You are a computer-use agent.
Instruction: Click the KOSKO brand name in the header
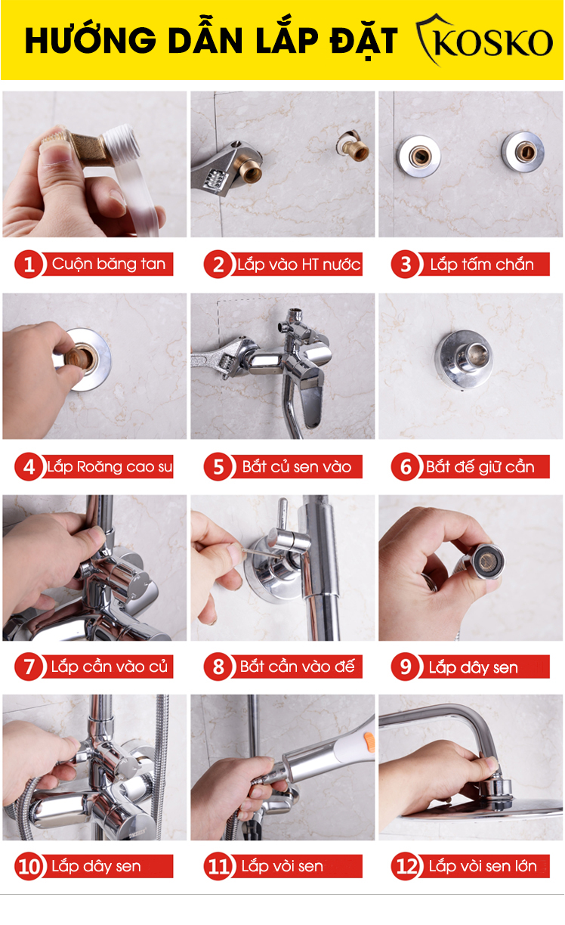(493, 42)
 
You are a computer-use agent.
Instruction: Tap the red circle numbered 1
(29, 264)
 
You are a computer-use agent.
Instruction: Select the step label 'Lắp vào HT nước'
(298, 264)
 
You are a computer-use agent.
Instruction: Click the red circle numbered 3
(406, 264)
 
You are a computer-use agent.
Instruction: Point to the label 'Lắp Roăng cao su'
(110, 466)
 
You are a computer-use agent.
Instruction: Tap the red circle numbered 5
(218, 466)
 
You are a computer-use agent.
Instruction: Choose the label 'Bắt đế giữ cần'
(480, 466)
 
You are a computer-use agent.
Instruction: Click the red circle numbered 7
(29, 666)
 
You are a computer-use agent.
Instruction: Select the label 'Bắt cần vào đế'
(297, 666)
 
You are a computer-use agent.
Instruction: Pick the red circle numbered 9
(406, 666)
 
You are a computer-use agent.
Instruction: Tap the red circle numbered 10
(29, 866)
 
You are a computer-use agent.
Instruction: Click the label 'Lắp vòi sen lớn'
(483, 866)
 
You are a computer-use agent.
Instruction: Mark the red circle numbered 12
(406, 866)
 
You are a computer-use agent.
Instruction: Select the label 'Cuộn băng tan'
(109, 264)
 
